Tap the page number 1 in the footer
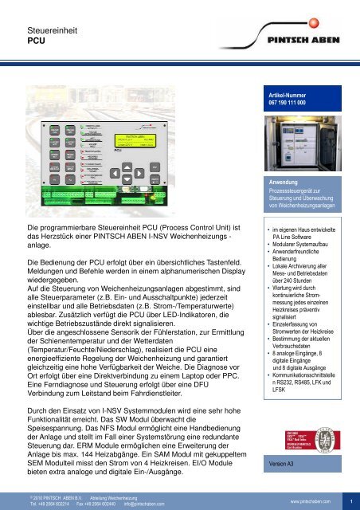350,501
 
